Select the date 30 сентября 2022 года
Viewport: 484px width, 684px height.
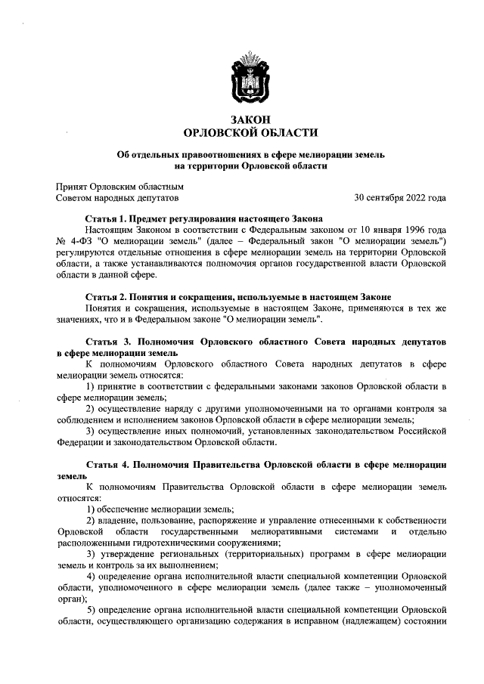pos(399,198)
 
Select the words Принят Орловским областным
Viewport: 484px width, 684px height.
pos(120,186)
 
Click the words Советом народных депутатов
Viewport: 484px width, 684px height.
pos(117,198)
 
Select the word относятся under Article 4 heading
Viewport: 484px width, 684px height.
pos(79,498)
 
